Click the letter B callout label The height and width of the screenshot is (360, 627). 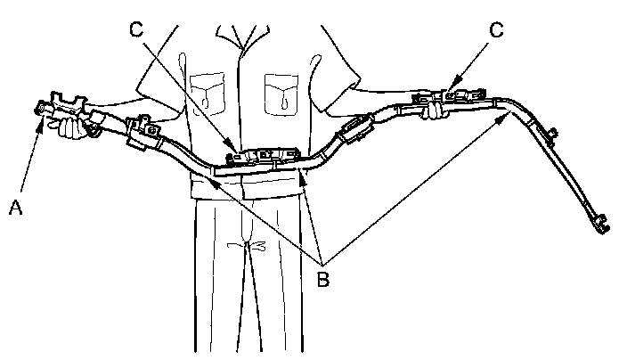323,279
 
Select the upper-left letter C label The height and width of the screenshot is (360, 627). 136,29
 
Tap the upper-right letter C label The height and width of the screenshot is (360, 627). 497,29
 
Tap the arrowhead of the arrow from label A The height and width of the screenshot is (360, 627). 40,119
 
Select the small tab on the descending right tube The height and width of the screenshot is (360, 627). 553,135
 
